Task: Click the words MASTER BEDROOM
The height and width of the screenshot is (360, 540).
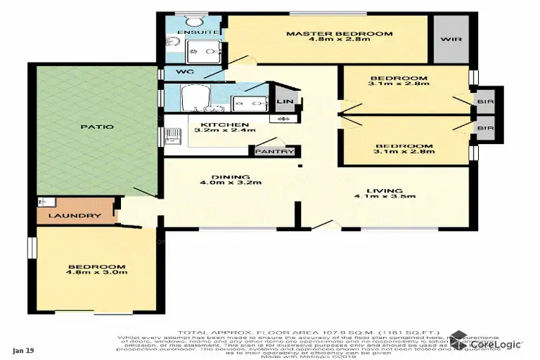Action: click(338, 33)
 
